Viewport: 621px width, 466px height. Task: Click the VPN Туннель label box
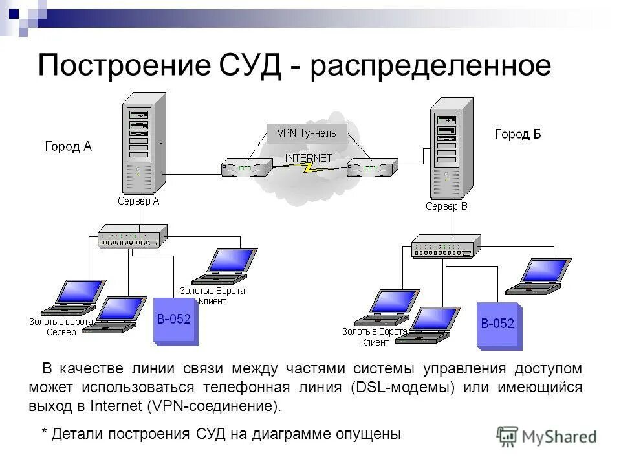tap(307, 133)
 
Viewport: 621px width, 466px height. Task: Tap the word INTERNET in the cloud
tap(309, 158)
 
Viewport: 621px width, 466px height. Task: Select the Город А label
tap(68, 146)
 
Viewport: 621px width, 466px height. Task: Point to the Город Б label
tap(517, 134)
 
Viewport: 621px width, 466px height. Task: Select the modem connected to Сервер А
tap(245, 168)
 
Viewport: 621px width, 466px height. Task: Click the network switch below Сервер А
tap(132, 237)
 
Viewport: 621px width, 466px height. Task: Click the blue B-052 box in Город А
tap(175, 320)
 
